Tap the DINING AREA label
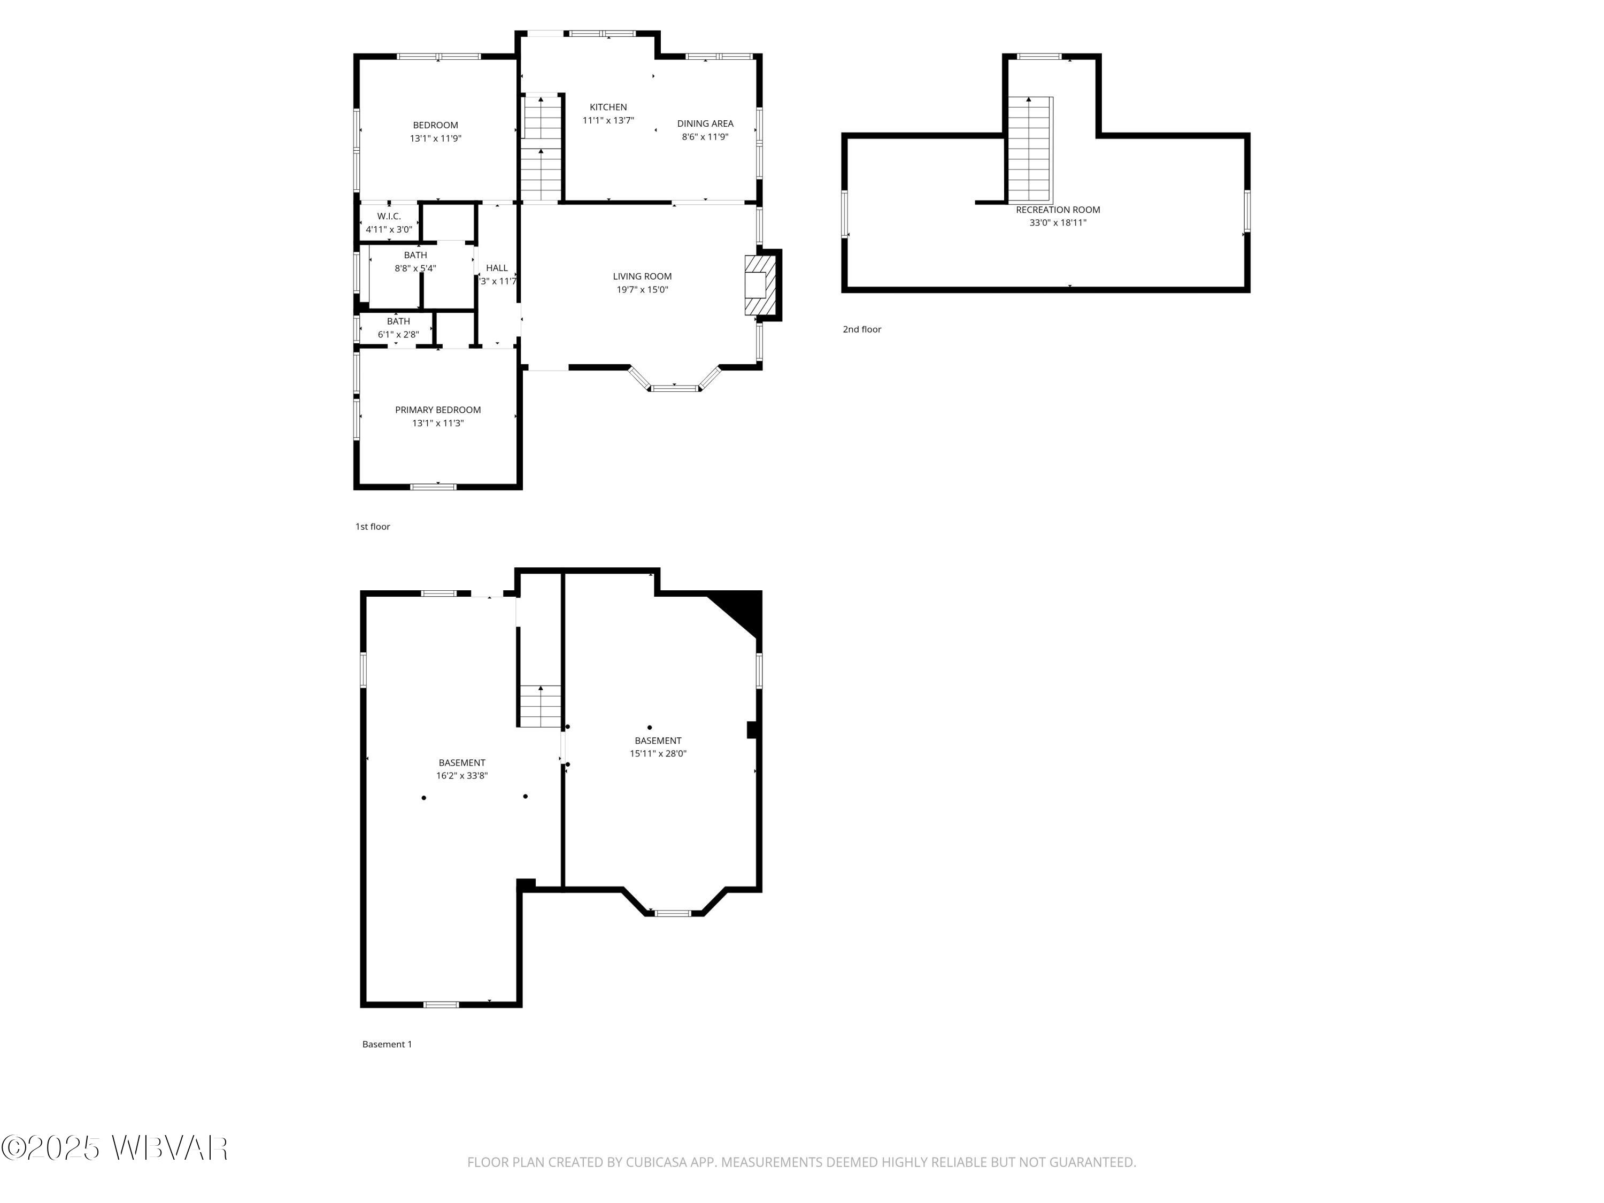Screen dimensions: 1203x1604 705,124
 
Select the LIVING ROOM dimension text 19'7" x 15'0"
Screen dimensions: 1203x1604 642,290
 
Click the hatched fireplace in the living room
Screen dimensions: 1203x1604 760,285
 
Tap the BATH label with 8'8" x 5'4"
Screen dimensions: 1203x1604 415,255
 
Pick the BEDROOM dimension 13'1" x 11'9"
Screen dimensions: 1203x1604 435,138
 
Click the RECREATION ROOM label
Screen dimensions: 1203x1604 1057,210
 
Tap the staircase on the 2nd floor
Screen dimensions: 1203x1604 1030,149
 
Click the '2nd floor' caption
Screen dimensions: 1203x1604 861,330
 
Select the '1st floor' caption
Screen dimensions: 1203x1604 372,527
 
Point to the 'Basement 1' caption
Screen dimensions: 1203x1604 387,1045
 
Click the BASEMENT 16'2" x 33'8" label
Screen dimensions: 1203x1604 461,763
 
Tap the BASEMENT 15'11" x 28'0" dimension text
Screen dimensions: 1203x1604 658,754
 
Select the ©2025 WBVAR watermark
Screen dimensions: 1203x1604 114,1148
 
